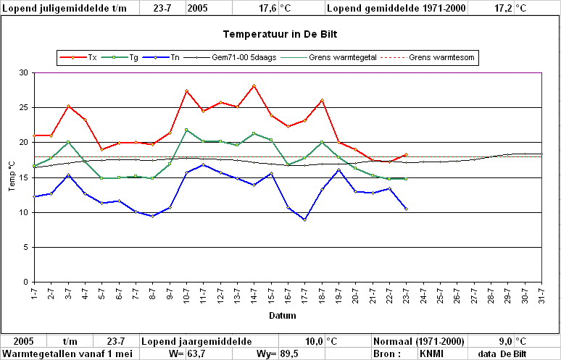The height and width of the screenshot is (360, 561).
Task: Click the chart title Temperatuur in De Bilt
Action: (x=280, y=34)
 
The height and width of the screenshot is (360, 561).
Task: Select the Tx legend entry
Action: (x=78, y=57)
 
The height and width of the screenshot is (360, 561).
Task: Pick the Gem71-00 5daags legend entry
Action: (x=230, y=57)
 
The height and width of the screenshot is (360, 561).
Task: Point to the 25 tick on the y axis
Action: (x=24, y=108)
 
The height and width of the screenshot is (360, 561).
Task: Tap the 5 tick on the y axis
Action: (x=26, y=248)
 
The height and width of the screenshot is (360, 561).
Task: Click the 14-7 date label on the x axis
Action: (x=254, y=294)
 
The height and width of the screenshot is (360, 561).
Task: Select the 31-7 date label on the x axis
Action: (x=542, y=294)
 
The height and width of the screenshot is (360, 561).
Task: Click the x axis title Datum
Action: (x=283, y=316)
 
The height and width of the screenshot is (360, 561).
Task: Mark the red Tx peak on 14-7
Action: (x=254, y=85)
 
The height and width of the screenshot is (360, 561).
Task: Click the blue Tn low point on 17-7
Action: (x=305, y=220)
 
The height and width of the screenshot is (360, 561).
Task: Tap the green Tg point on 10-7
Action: (x=186, y=130)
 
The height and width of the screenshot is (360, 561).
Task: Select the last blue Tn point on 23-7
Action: (x=406, y=209)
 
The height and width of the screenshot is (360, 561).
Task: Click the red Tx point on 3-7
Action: (x=68, y=106)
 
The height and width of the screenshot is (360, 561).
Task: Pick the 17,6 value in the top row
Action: (x=268, y=8)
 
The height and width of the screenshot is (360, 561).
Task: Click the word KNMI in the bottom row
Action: (x=431, y=354)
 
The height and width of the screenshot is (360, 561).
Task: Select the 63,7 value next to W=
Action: (x=196, y=354)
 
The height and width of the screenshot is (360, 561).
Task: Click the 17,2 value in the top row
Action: (x=504, y=8)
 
